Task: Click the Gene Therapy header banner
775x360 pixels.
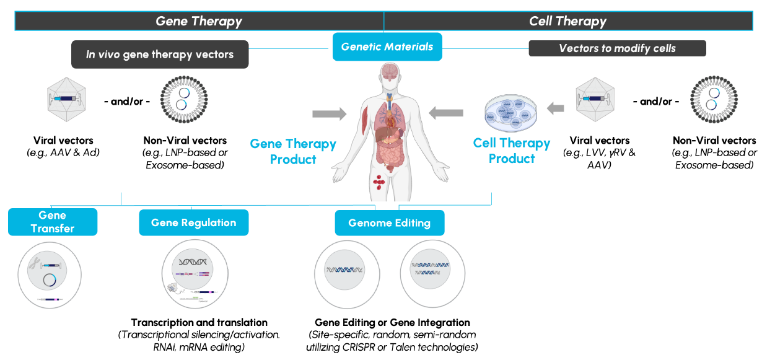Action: [x=199, y=21]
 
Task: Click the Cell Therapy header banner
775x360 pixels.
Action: [x=567, y=21]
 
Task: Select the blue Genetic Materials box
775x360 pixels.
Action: [x=387, y=47]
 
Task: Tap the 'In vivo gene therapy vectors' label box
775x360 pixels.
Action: [x=160, y=55]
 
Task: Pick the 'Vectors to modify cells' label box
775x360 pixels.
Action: [x=617, y=48]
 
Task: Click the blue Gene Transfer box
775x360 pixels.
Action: [x=53, y=222]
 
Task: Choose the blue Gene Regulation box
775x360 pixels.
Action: [x=193, y=222]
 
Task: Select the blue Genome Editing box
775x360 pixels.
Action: [x=389, y=223]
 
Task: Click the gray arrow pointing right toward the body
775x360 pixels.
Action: [x=330, y=113]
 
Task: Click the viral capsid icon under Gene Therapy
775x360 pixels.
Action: [x=64, y=99]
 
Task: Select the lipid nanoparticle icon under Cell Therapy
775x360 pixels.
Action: [x=714, y=100]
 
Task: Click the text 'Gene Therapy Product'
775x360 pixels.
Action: [x=293, y=152]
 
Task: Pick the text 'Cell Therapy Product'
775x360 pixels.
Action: [x=512, y=151]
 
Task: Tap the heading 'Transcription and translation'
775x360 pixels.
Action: [x=199, y=322]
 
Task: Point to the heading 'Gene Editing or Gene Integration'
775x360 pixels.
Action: [x=392, y=322]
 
